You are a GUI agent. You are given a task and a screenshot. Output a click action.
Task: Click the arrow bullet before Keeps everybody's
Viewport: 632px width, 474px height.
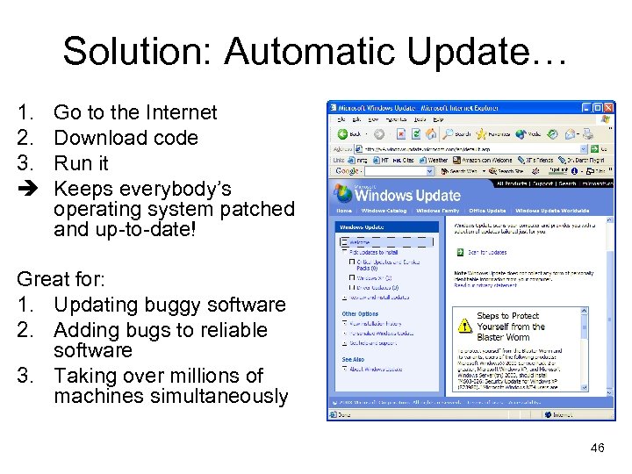(25, 189)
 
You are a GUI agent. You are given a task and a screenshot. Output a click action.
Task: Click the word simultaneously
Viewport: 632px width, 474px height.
(171, 397)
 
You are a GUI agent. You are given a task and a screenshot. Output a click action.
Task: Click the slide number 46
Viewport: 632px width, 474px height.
(597, 448)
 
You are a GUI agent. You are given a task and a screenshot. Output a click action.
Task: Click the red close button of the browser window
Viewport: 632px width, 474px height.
(607, 108)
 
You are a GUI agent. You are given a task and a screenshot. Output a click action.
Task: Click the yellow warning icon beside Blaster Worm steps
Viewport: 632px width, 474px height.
(464, 326)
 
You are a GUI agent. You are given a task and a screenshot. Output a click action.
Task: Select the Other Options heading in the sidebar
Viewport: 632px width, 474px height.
(361, 313)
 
